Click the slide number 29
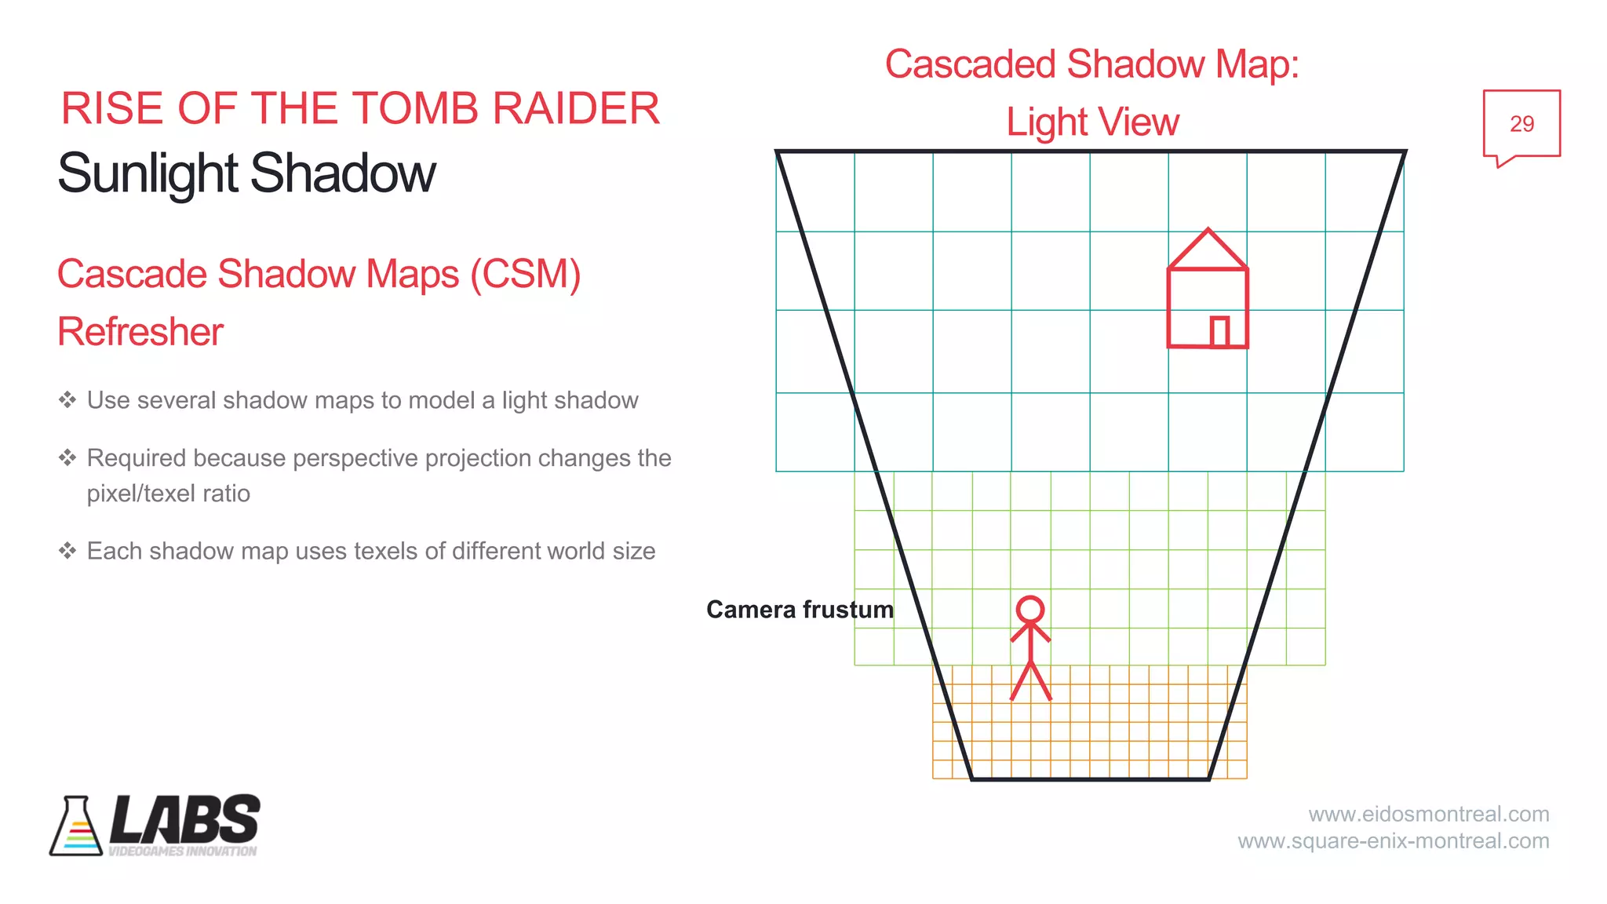point(1521,124)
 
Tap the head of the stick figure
point(1030,609)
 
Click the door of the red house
point(1219,332)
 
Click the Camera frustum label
point(800,610)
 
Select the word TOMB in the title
point(409,108)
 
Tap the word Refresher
point(140,332)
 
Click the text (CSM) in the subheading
point(526,275)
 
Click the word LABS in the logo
point(185,820)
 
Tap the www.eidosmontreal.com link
point(1429,814)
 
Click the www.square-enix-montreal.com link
point(1394,841)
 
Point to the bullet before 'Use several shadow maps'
point(67,400)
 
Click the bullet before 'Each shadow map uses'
point(67,551)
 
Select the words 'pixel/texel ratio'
point(169,494)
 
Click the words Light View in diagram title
point(1092,122)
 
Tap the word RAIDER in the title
point(576,108)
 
